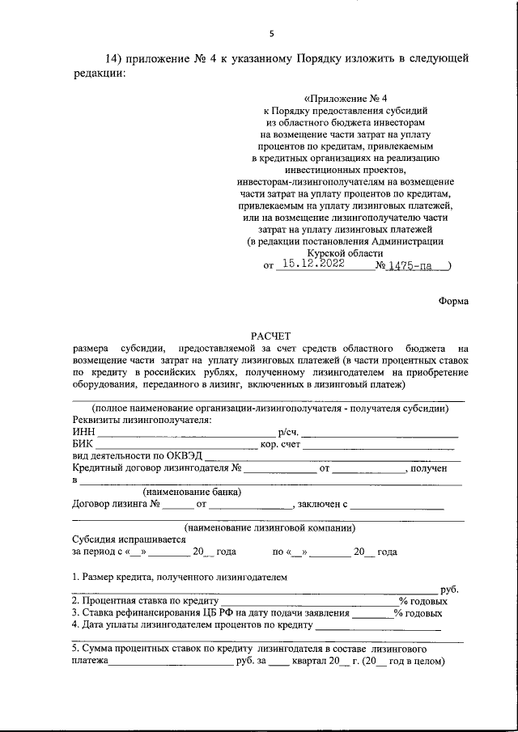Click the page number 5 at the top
click(x=272, y=33)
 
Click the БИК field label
click(x=83, y=444)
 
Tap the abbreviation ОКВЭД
click(x=189, y=456)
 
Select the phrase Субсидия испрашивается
click(x=123, y=539)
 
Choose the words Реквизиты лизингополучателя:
click(x=142, y=421)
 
